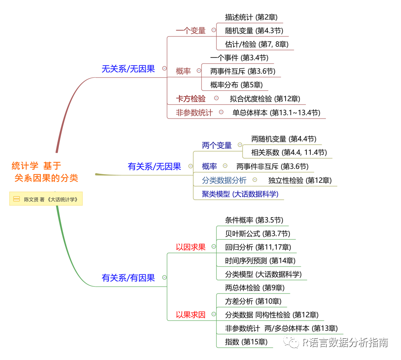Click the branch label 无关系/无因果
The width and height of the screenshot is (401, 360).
click(128, 69)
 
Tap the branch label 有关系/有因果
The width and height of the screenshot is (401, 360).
click(128, 278)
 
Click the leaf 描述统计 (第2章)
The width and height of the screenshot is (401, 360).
click(251, 17)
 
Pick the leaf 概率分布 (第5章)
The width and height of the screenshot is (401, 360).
click(236, 85)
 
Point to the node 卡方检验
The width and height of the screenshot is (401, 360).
click(191, 99)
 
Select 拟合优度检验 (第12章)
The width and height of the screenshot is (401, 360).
click(265, 99)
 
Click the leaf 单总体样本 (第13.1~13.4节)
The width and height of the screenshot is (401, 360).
click(276, 112)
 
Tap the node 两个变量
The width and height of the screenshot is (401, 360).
click(217, 145)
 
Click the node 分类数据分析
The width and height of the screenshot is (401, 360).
click(224, 180)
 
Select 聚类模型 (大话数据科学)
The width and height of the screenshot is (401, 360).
click(240, 194)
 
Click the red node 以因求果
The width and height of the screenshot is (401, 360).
click(191, 247)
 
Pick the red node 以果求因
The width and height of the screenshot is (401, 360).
click(191, 315)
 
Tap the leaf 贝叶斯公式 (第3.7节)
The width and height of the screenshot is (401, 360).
click(257, 234)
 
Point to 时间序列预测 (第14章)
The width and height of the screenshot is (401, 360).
click(260, 261)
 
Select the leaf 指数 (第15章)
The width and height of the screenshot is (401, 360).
click(246, 342)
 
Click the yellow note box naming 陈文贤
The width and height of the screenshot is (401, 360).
click(46, 199)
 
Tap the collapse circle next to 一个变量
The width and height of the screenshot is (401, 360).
click(214, 30)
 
